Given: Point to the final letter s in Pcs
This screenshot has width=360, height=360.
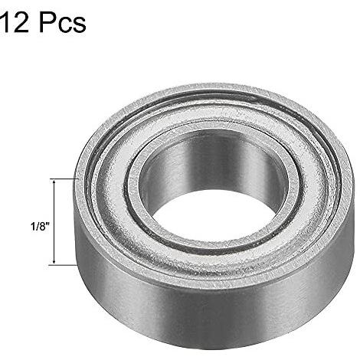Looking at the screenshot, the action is pyautogui.click(x=79, y=25).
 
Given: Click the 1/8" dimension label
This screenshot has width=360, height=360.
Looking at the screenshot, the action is pyautogui.click(x=40, y=226).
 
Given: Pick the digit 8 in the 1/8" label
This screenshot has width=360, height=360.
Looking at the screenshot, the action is pyautogui.click(x=41, y=227).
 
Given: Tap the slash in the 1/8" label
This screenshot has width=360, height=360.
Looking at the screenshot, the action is pyautogui.click(x=37, y=227).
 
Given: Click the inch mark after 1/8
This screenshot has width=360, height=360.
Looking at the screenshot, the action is pyautogui.click(x=47, y=224).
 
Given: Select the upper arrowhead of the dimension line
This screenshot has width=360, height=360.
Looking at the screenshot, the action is pyautogui.click(x=54, y=182).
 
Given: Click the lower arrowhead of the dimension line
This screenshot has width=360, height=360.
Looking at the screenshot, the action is pyautogui.click(x=54, y=262).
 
